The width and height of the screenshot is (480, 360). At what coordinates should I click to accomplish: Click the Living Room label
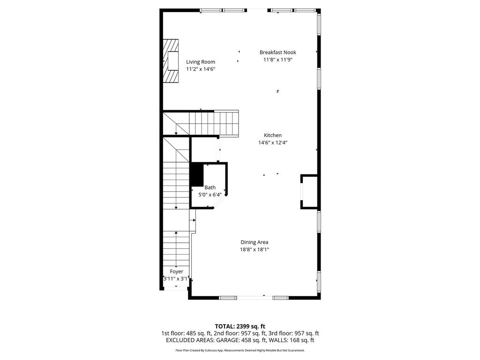[201, 62]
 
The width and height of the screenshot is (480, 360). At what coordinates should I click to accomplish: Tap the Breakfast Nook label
[278, 52]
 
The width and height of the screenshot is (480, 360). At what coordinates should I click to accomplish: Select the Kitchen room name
[273, 135]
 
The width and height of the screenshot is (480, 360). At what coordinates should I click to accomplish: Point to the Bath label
[210, 187]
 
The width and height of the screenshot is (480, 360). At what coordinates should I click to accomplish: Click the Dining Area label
[255, 242]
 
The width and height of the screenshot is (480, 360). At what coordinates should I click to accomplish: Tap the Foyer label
[177, 271]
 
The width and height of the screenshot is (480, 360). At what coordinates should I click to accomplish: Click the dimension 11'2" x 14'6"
[201, 69]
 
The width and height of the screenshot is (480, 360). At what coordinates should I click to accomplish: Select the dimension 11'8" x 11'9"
[278, 60]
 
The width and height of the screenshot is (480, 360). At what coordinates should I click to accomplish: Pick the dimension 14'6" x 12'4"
[273, 142]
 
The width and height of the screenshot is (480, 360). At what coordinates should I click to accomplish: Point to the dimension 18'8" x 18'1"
[255, 249]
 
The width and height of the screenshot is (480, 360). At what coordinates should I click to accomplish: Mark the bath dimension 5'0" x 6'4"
[210, 195]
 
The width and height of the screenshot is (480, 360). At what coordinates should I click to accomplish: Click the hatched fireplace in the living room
[171, 61]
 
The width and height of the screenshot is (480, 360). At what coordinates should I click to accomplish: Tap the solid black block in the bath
[196, 175]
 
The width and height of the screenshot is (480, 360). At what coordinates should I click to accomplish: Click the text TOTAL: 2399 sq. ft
[240, 326]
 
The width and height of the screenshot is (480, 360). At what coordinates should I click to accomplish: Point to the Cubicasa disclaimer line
[240, 350]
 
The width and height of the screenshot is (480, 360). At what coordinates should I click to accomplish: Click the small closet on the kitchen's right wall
[309, 192]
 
